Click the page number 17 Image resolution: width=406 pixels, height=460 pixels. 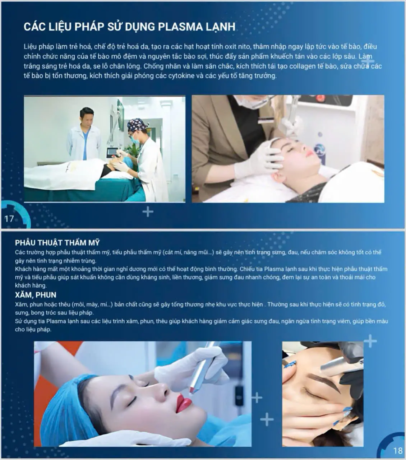[9, 218]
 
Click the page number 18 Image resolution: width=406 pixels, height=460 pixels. [398, 451]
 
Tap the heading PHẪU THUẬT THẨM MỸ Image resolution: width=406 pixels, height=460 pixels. [57, 243]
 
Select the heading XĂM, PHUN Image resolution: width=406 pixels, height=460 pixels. [36, 295]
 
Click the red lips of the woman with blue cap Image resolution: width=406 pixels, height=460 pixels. [184, 403]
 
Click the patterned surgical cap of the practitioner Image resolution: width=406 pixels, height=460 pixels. [137, 125]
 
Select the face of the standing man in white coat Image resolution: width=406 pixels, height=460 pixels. [87, 117]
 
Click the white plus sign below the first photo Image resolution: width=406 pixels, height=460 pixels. [148, 212]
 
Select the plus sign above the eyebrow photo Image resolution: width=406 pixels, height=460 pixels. [370, 341]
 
